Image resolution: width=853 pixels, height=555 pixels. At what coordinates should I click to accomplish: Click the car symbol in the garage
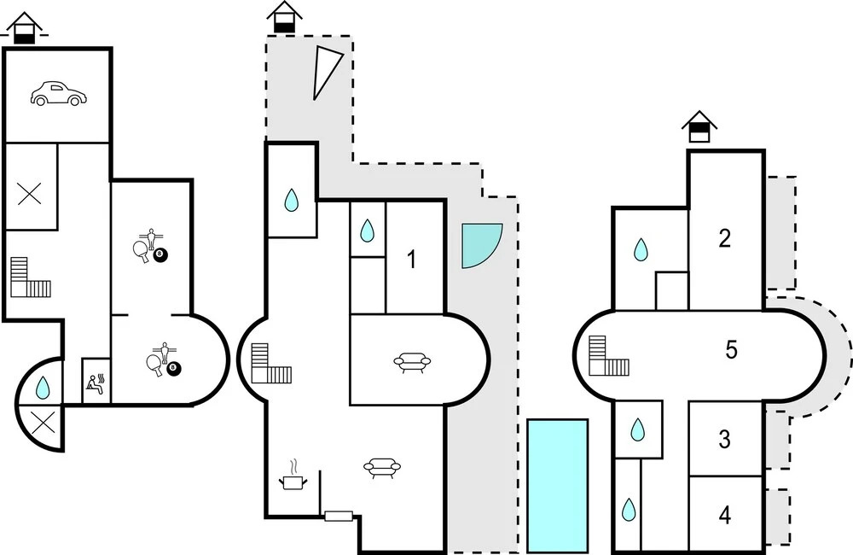click(57, 94)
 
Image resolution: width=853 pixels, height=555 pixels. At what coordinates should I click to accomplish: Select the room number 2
click(724, 239)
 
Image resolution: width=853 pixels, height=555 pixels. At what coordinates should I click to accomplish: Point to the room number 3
click(724, 440)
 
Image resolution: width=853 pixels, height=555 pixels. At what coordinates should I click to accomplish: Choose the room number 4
click(724, 515)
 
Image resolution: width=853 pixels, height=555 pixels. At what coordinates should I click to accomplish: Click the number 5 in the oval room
click(731, 351)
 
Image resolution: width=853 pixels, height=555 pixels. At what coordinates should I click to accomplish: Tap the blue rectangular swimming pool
click(558, 486)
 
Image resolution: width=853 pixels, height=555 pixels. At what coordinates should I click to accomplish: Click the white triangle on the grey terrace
click(324, 71)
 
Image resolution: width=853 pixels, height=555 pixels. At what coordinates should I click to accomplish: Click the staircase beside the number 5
click(608, 357)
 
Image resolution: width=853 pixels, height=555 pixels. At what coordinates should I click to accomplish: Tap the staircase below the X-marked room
click(30, 277)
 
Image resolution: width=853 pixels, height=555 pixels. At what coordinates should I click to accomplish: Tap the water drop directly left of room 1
click(367, 231)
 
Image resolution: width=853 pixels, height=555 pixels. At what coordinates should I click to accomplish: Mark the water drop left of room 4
click(629, 511)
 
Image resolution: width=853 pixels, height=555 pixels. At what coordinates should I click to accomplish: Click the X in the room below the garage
click(30, 193)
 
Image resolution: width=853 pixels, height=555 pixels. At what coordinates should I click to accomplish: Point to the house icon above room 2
click(699, 128)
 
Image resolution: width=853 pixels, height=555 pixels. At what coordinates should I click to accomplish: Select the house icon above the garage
click(25, 28)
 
